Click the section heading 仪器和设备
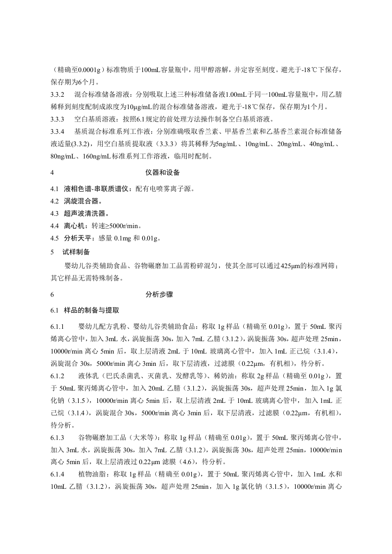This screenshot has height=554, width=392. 163,173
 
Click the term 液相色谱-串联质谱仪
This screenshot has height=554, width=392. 96,189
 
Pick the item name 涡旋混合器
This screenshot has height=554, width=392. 81,201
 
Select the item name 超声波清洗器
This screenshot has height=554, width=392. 85,213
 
